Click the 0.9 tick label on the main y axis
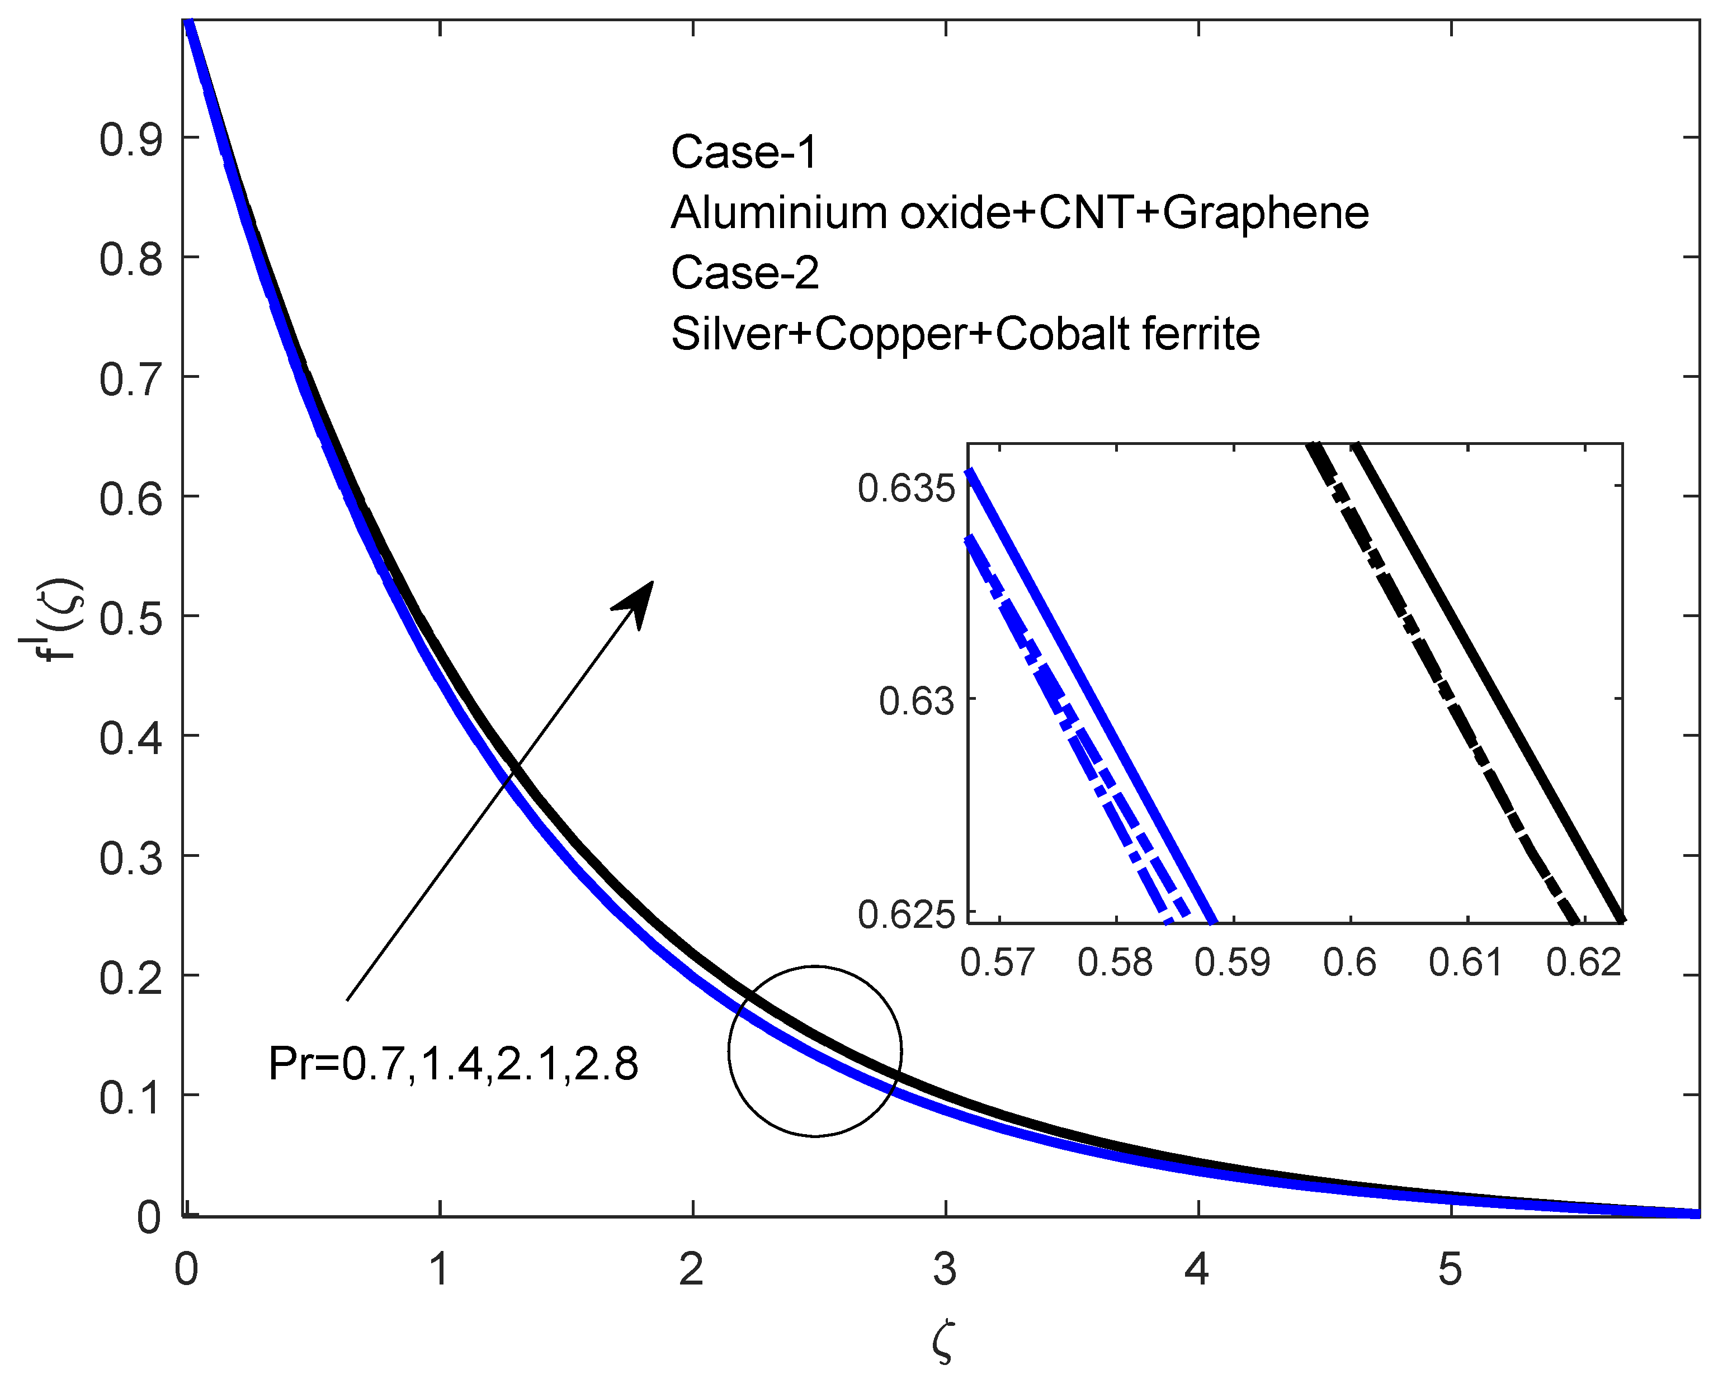click(130, 140)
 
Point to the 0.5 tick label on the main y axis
click(130, 619)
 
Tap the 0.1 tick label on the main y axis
click(130, 1098)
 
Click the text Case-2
click(744, 273)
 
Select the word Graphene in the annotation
click(1265, 213)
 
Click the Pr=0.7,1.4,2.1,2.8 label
click(453, 1064)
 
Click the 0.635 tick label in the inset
click(905, 489)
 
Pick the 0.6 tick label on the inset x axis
click(1349, 963)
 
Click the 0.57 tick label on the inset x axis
click(997, 963)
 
